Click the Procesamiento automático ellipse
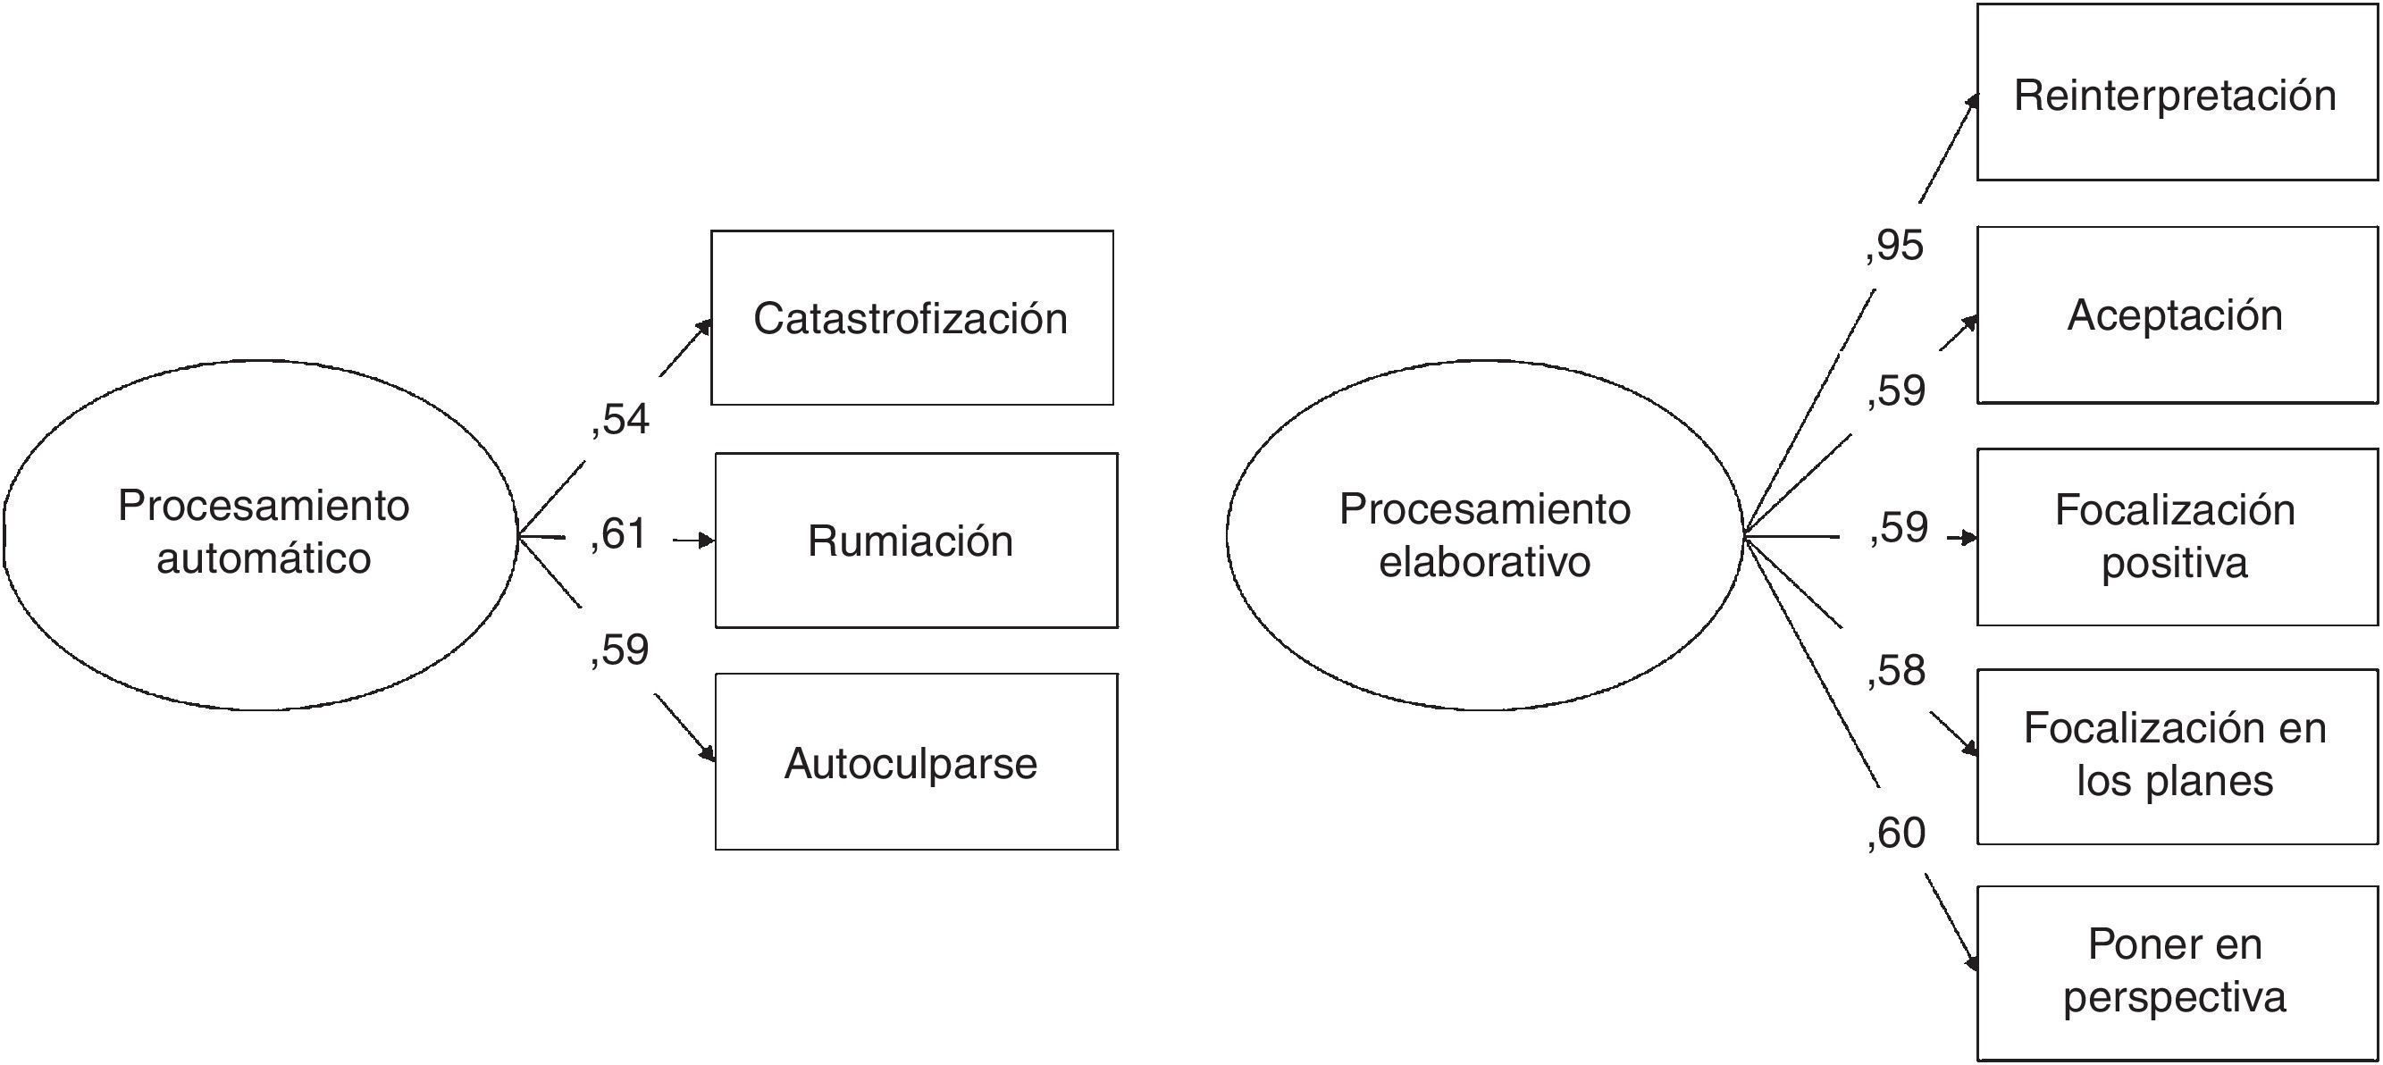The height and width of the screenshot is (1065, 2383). (261, 534)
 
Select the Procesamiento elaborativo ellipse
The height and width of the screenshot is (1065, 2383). (1484, 534)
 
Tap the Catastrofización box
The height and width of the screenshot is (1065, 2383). (911, 317)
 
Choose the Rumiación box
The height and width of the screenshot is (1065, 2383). (916, 541)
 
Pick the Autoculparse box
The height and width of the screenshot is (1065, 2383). (916, 761)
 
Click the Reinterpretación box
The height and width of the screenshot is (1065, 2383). (2176, 93)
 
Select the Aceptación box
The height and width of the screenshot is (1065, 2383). (2176, 314)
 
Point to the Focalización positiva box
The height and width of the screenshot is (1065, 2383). (2176, 537)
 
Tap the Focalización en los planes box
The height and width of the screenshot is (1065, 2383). (2176, 756)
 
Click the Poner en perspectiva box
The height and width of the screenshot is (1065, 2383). (2176, 972)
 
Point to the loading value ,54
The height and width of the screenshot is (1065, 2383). (620, 420)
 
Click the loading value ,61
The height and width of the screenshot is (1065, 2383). (618, 534)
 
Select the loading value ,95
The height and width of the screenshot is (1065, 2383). (1894, 246)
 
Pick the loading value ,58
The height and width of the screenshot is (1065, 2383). (1895, 671)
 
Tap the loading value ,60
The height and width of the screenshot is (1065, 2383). (1895, 833)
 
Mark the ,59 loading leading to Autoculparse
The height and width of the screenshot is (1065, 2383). (620, 650)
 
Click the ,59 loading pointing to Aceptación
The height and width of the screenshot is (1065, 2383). (1895, 390)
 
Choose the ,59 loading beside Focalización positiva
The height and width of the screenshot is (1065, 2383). (1898, 527)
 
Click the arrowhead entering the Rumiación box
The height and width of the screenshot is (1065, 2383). (708, 541)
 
